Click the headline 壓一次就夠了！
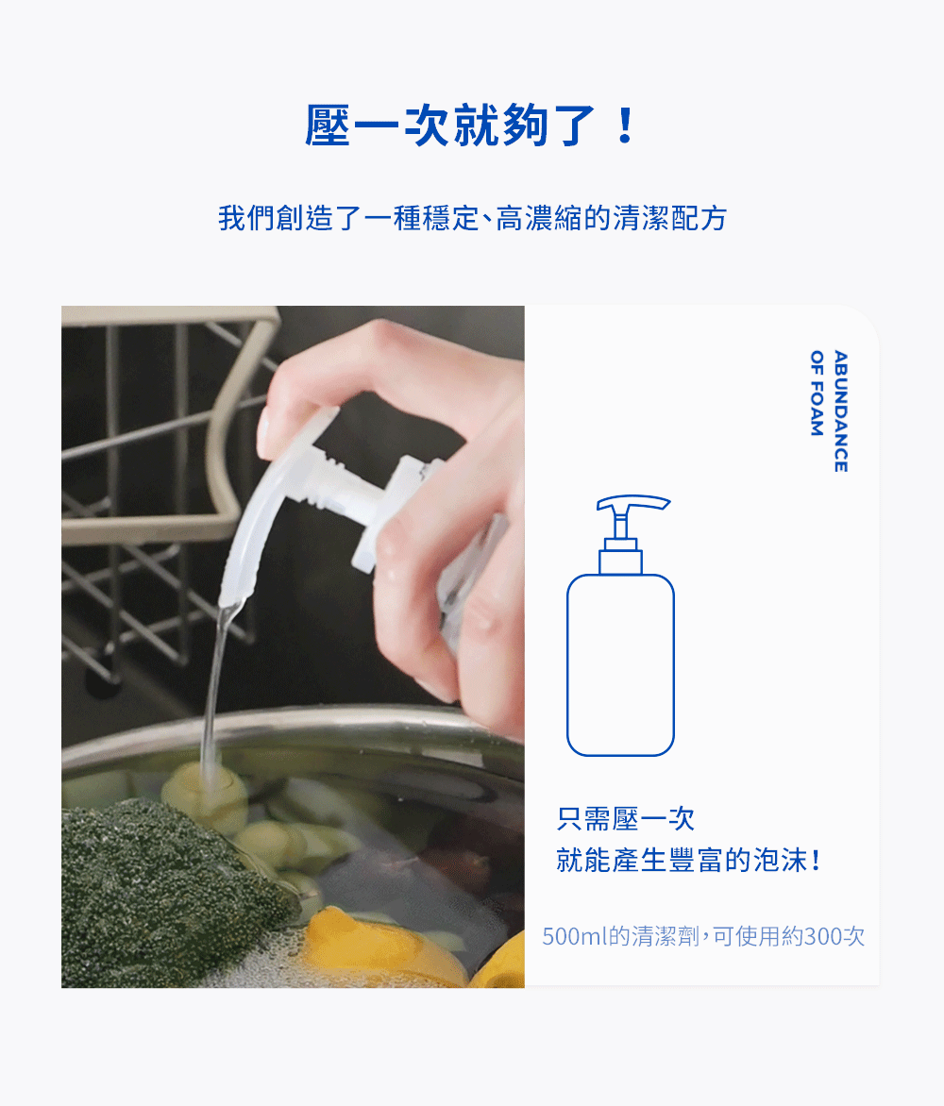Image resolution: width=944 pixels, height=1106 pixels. click(470, 126)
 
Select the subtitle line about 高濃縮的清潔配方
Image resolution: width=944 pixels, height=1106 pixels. click(472, 218)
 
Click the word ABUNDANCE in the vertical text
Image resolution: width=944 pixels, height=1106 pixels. click(840, 411)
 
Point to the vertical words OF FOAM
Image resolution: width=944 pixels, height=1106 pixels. click(818, 393)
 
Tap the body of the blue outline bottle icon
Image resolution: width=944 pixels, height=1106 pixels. click(620, 665)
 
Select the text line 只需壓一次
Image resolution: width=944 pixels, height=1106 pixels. click(626, 818)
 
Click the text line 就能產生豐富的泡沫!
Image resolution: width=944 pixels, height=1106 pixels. click(689, 861)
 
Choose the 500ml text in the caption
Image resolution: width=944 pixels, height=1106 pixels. click(572, 936)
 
